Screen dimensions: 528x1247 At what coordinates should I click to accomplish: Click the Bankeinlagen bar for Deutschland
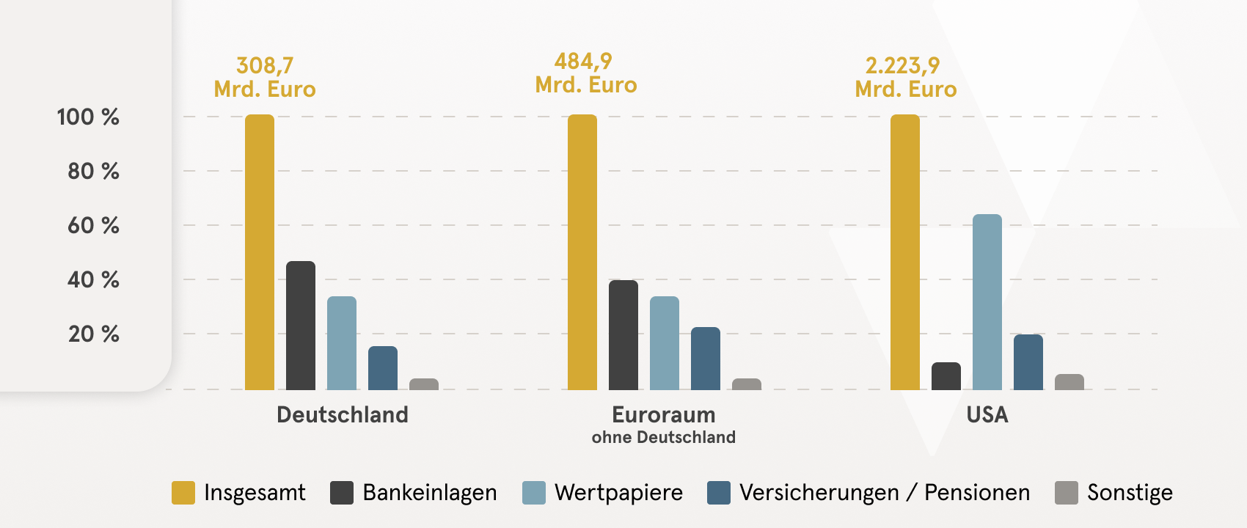(x=301, y=326)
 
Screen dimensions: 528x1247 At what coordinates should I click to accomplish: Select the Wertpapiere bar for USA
(x=987, y=302)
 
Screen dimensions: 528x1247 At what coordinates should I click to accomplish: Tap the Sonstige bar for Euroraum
(x=747, y=384)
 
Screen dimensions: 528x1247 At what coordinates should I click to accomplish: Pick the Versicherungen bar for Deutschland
(x=383, y=368)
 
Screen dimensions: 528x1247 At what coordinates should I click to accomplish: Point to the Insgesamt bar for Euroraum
(x=582, y=252)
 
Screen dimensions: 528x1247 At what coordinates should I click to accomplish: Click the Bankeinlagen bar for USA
(x=946, y=376)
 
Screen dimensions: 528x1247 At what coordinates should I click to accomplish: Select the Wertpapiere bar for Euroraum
(x=665, y=343)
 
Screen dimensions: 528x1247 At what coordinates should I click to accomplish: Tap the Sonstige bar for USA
(x=1069, y=382)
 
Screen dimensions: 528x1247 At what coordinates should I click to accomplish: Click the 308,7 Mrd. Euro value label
(x=265, y=77)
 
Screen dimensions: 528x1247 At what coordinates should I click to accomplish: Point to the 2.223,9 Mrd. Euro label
(x=905, y=77)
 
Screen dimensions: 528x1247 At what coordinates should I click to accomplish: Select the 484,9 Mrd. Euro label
(x=585, y=73)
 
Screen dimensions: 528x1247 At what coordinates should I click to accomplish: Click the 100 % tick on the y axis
(x=88, y=117)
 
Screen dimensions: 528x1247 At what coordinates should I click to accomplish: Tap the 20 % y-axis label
(x=93, y=334)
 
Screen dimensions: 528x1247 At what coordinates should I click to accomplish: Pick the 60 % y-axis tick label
(x=93, y=225)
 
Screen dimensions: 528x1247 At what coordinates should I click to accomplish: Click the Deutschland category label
(x=342, y=414)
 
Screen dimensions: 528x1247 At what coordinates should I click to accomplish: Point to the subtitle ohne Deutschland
(x=663, y=437)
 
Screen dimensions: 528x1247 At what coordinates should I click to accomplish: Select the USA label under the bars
(x=987, y=414)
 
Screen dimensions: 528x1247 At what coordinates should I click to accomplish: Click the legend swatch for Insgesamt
(x=183, y=493)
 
